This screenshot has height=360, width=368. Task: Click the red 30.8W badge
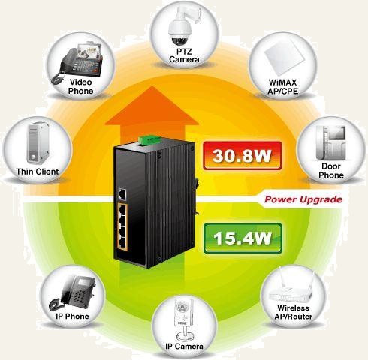pyautogui.click(x=243, y=155)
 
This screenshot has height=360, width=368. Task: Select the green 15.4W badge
pyautogui.click(x=243, y=238)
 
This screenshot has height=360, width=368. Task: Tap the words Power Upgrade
pyautogui.click(x=303, y=199)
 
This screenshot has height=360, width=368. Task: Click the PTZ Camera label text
pyautogui.click(x=184, y=55)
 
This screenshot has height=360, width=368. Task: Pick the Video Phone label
pyautogui.click(x=80, y=86)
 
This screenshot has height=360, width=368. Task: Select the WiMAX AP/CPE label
pyautogui.click(x=282, y=86)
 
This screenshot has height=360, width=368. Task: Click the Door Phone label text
pyautogui.click(x=331, y=171)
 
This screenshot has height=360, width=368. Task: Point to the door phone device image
pyautogui.click(x=331, y=142)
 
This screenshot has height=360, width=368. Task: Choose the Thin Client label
pyautogui.click(x=38, y=172)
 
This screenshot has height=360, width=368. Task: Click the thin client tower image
pyautogui.click(x=38, y=143)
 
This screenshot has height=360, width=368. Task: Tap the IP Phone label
pyautogui.click(x=72, y=316)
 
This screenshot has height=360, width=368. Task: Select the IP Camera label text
pyautogui.click(x=184, y=346)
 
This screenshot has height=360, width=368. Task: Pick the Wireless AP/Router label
pyautogui.click(x=293, y=312)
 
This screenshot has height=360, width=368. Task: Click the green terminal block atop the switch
pyautogui.click(x=149, y=139)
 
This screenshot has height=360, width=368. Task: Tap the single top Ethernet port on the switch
pyautogui.click(x=122, y=194)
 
